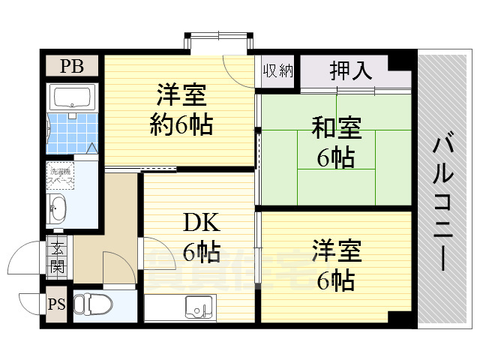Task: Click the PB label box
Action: (x=73, y=66)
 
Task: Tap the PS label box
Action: (x=56, y=305)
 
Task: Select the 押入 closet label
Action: (x=351, y=71)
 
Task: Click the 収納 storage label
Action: (x=277, y=71)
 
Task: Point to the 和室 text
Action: (x=336, y=129)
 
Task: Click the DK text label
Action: (x=201, y=223)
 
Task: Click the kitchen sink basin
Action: (x=199, y=307)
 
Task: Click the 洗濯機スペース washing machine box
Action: (x=60, y=175)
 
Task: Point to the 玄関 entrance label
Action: (x=57, y=255)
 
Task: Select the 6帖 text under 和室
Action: (x=335, y=157)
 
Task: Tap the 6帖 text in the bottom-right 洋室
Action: (x=335, y=280)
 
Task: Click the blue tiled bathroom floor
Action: (x=71, y=132)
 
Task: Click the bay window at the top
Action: (x=217, y=42)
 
